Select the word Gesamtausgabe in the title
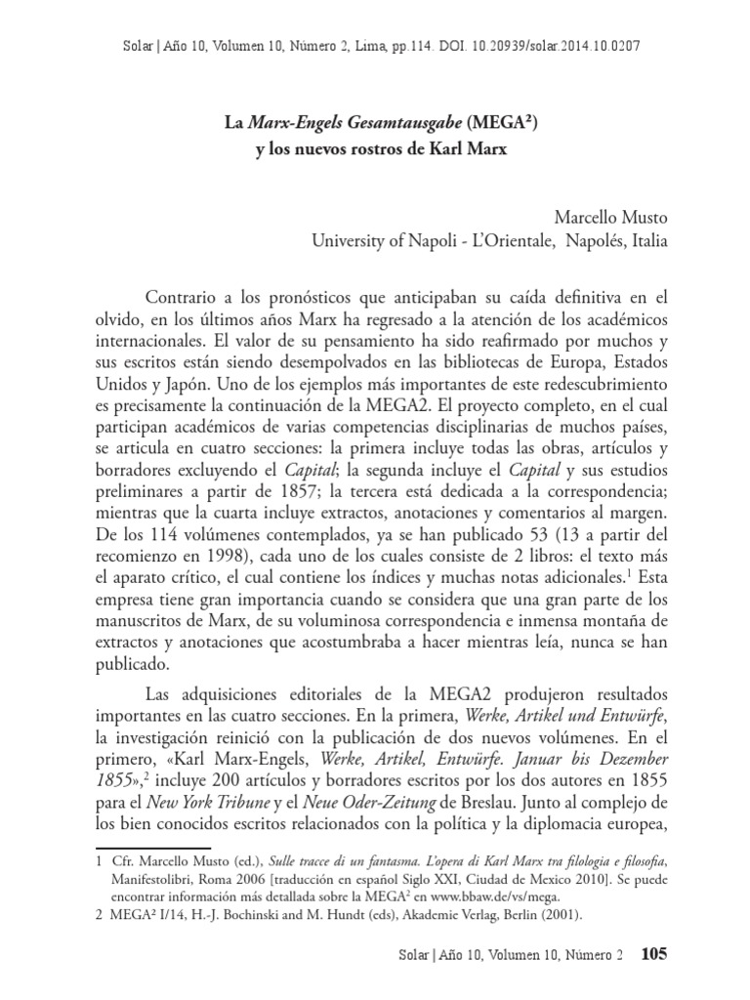point(397,124)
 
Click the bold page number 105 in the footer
point(652,953)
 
